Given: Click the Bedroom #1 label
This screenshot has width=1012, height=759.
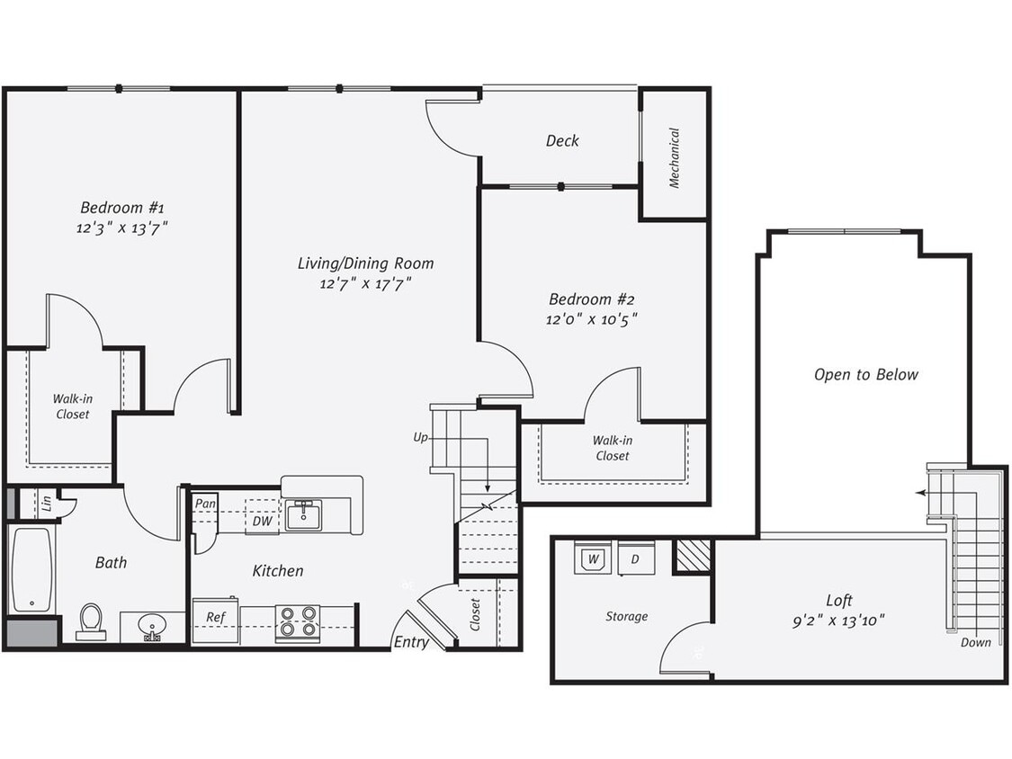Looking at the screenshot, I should [x=121, y=207].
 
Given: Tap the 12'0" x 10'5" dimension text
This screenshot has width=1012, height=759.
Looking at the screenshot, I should [x=593, y=319].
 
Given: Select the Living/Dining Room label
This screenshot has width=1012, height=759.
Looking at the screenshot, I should [x=365, y=263].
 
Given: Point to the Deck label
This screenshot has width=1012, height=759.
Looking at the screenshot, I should [x=562, y=141].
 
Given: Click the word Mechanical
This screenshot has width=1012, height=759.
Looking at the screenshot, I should [x=674, y=157].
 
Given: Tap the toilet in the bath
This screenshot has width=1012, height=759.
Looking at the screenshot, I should [x=91, y=621].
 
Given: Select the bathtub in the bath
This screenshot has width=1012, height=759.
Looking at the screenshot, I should [x=31, y=569].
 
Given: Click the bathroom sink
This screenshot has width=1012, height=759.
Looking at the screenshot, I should [x=151, y=626].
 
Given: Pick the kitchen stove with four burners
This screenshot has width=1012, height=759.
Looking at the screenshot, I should [x=297, y=622].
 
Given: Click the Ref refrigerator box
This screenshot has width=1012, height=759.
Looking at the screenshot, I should [x=215, y=619].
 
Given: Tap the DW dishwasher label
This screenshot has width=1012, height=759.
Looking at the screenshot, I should [x=263, y=522].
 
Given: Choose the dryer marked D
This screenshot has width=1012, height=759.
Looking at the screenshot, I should [x=635, y=559].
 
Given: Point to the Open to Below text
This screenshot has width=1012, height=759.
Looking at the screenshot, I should [x=865, y=375].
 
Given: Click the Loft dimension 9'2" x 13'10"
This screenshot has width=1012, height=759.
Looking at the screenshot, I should [x=838, y=620].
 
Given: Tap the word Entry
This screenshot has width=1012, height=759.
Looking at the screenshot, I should [x=411, y=642].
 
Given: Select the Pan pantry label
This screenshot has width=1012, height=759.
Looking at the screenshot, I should [x=205, y=504].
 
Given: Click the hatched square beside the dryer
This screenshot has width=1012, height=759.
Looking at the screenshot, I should [x=693, y=556].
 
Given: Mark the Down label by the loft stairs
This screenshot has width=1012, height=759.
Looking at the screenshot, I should [x=975, y=642].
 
